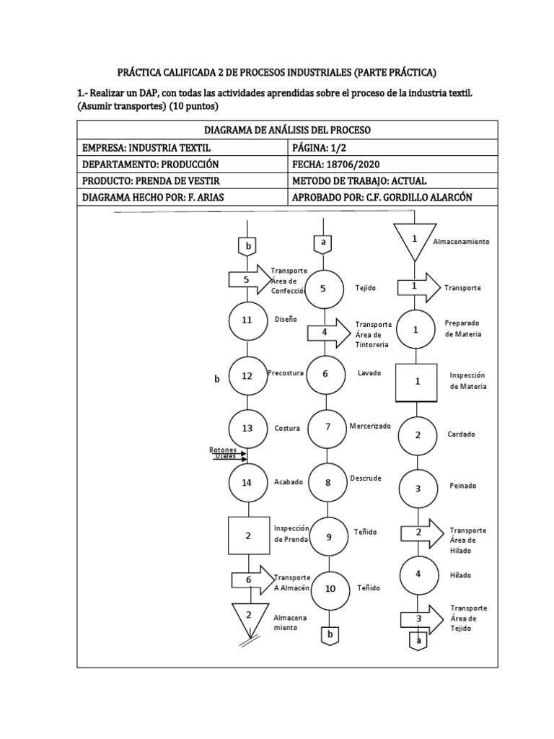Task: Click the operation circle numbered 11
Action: (x=247, y=320)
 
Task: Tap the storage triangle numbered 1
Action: (x=415, y=240)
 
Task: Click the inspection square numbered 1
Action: (x=418, y=382)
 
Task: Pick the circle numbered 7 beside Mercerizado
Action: (x=327, y=427)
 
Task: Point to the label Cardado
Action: (x=461, y=434)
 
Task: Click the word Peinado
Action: (x=462, y=486)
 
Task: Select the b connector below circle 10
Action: (x=330, y=634)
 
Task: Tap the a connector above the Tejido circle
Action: (x=322, y=243)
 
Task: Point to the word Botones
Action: (x=223, y=450)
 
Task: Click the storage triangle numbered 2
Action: (x=247, y=617)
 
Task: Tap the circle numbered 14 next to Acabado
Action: (x=247, y=484)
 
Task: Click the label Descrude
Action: (x=366, y=478)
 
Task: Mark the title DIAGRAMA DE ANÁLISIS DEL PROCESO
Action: (x=287, y=130)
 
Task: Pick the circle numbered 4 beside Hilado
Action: (x=418, y=575)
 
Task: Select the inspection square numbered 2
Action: (x=248, y=535)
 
